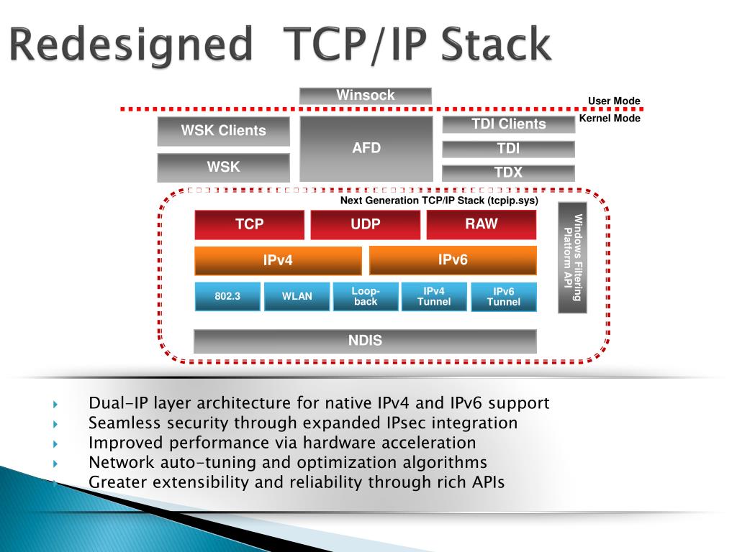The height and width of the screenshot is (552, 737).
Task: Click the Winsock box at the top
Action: pyautogui.click(x=366, y=96)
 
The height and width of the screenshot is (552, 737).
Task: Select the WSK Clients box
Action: pyautogui.click(x=223, y=131)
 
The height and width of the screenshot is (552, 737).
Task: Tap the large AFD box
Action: pyautogui.click(x=366, y=149)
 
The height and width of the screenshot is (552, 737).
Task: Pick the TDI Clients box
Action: pyautogui.click(x=508, y=124)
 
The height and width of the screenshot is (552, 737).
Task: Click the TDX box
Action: pyautogui.click(x=508, y=172)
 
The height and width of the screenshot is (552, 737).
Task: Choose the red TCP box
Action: pyautogui.click(x=249, y=224)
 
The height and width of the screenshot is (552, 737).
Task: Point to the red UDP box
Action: pyautogui.click(x=366, y=224)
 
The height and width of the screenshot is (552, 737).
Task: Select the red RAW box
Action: pyautogui.click(x=481, y=224)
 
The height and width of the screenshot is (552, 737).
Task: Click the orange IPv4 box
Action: pyautogui.click(x=278, y=260)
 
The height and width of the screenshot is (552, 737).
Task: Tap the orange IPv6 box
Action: pyautogui.click(x=453, y=259)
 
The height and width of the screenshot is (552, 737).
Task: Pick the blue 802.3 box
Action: pyautogui.click(x=227, y=296)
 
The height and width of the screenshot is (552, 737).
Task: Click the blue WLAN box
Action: pyautogui.click(x=297, y=296)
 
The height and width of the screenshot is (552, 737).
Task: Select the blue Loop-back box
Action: pyautogui.click(x=366, y=296)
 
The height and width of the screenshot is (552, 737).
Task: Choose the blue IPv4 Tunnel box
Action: pyautogui.click(x=434, y=296)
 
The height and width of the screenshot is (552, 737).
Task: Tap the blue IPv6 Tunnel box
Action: pyautogui.click(x=504, y=297)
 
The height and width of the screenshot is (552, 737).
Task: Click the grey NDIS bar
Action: pyautogui.click(x=366, y=341)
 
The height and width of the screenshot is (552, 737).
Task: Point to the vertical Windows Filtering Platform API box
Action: pyautogui.click(x=573, y=258)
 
